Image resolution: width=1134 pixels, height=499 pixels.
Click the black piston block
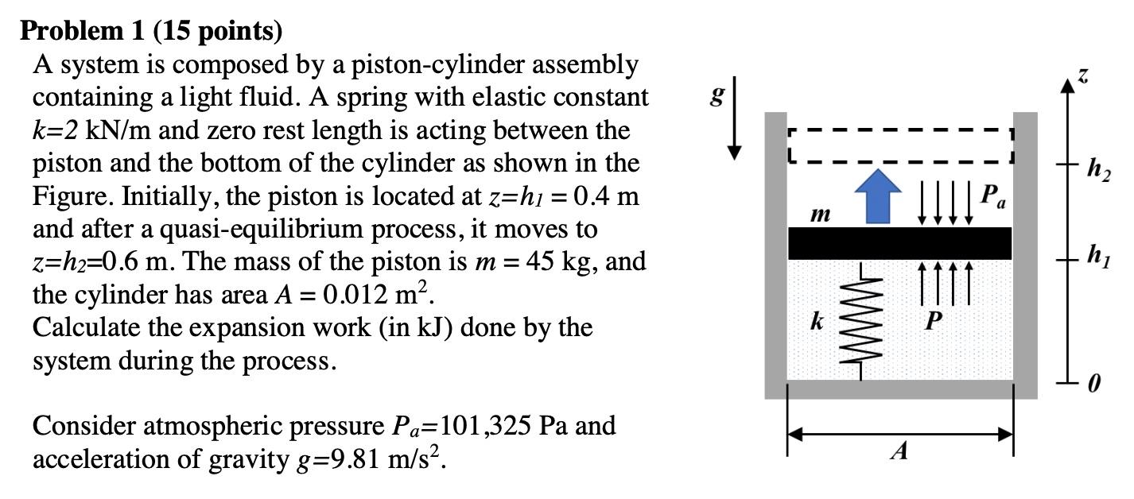[899, 243]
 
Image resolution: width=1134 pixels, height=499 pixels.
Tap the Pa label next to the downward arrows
[992, 195]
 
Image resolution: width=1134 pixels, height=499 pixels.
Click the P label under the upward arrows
[934, 321]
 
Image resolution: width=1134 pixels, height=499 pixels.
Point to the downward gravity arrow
[736, 116]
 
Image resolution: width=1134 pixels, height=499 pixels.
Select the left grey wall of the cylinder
[775, 254]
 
